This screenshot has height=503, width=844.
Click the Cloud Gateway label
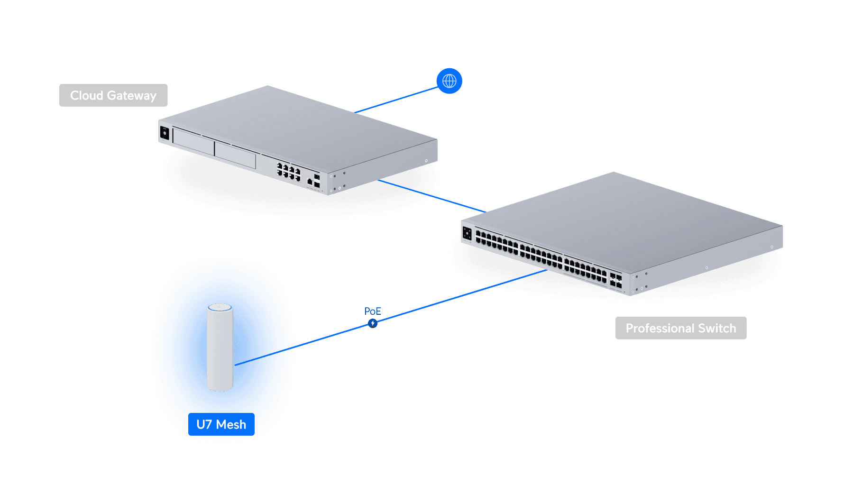coord(113,95)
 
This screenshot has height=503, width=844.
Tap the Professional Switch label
coord(680,328)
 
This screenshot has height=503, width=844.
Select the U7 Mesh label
coord(221,424)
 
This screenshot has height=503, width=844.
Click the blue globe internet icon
coord(449,81)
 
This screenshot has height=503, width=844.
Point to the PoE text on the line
coord(372,311)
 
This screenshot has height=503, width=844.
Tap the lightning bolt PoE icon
coord(373,323)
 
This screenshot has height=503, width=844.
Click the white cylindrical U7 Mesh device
coord(220,351)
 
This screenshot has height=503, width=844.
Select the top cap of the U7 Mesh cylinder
coord(220,308)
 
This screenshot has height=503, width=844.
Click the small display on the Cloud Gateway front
coord(165,133)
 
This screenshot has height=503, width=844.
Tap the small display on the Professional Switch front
coord(467,233)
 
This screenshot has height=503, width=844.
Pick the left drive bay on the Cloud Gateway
coord(193,141)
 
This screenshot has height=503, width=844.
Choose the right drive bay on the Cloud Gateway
coord(235,155)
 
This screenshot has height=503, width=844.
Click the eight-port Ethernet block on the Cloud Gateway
coord(289,172)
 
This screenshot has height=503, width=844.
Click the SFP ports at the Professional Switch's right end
coord(615,280)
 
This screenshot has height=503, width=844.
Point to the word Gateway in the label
coord(131,95)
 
